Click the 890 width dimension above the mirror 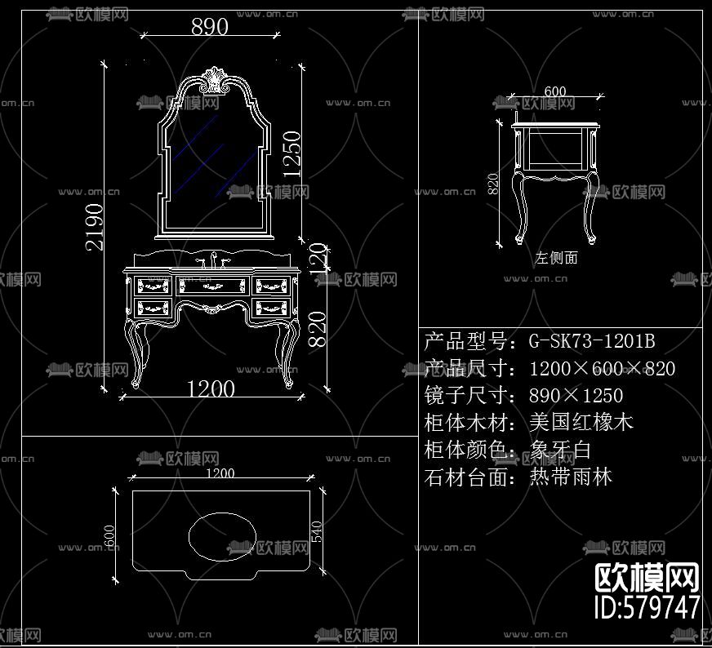(209, 27)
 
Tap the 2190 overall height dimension (95, 226)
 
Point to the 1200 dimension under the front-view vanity (211, 388)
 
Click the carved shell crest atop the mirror (214, 79)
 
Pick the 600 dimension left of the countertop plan (112, 536)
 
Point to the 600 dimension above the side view (554, 91)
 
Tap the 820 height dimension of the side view (492, 184)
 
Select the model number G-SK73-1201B (592, 341)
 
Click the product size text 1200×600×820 (602, 369)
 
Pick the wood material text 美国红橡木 (581, 423)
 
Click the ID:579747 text (646, 606)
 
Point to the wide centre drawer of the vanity (212, 286)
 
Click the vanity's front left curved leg (134, 351)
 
